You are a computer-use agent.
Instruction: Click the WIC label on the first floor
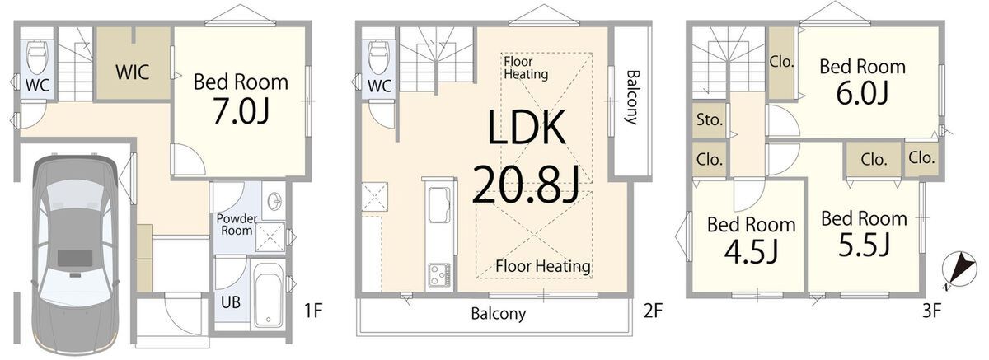point(133,72)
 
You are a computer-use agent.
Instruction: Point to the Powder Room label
point(237,225)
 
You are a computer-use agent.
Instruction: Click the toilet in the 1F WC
point(37,57)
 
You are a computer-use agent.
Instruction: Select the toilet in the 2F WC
point(378,57)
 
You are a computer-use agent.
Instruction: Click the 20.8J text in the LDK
point(526,185)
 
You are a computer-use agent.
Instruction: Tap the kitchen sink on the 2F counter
point(439,205)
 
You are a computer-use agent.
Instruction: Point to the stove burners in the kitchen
point(439,275)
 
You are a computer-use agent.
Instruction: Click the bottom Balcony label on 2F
point(499,314)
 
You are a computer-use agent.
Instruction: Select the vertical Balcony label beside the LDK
point(633,97)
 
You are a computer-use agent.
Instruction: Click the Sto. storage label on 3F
point(710,119)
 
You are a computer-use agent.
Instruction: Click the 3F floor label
point(932,311)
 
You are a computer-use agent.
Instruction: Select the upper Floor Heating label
point(526,68)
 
